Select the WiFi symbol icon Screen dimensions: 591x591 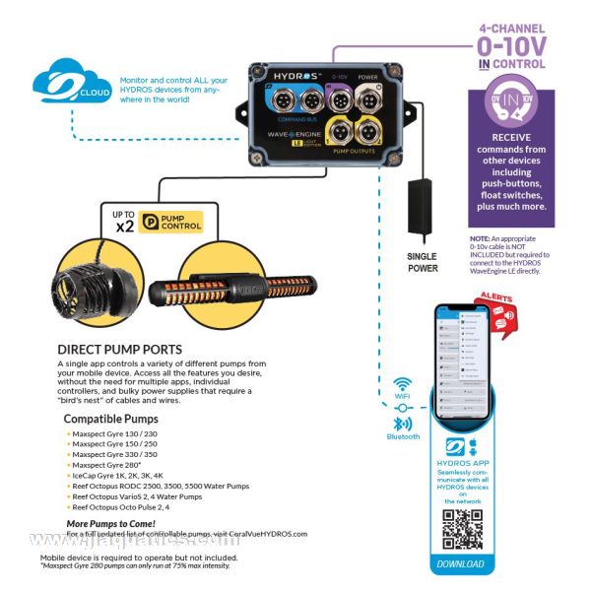402,384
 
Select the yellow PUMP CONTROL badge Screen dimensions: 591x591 170,223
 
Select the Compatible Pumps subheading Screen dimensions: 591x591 111,419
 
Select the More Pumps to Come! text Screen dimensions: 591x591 111,522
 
